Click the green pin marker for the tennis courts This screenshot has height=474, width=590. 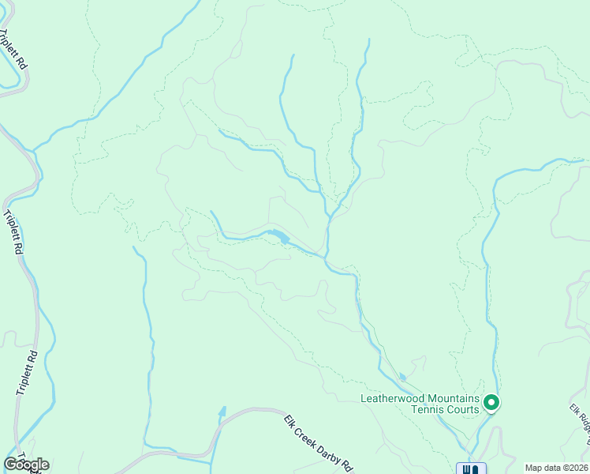pyautogui.click(x=491, y=404)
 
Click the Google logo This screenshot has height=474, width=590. pyautogui.click(x=27, y=465)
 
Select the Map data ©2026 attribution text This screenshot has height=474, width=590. pyautogui.click(x=557, y=468)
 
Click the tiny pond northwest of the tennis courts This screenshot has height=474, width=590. pyautogui.click(x=402, y=377)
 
